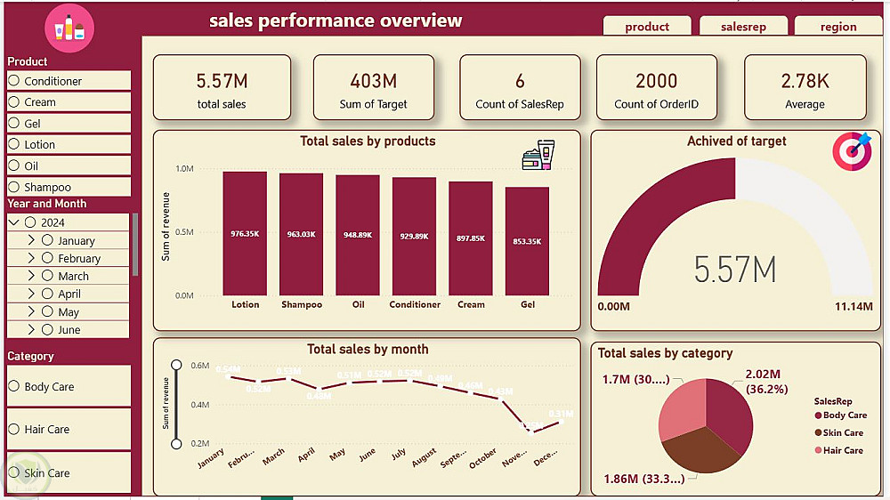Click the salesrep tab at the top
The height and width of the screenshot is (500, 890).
coord(743,27)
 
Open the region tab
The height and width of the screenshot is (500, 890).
coord(838,27)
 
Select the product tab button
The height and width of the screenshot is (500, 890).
coord(647,27)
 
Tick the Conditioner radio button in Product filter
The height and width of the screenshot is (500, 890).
coord(14,81)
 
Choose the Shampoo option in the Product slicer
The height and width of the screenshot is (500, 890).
coord(14,187)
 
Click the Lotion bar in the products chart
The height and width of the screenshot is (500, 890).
coord(245,233)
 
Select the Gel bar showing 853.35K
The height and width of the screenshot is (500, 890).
coord(527,240)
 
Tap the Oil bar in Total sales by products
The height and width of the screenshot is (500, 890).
coord(358,235)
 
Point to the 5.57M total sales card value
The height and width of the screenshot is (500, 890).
coord(222,81)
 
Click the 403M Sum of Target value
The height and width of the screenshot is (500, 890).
coord(373,81)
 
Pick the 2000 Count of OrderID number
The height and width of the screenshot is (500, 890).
coord(656,81)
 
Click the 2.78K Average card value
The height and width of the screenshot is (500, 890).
coord(805,81)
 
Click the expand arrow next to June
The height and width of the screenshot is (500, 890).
coord(31,330)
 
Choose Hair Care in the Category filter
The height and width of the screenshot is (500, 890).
coord(14,429)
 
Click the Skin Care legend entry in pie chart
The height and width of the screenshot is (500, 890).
coord(841,432)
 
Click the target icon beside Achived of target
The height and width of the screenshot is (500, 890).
coord(852,151)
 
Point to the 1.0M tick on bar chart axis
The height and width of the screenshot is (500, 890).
coord(184,168)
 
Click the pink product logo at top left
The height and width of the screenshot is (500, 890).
coord(69,29)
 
